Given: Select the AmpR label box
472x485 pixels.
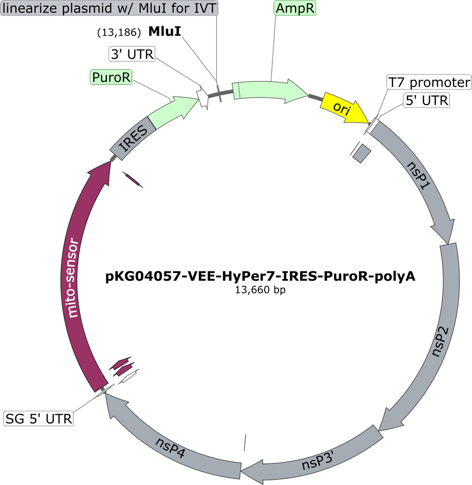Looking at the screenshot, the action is click(295, 8).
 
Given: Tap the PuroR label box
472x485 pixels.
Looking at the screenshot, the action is click(111, 77).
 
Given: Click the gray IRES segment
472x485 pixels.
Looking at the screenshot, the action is click(133, 139).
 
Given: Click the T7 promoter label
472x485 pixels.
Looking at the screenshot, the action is click(429, 82).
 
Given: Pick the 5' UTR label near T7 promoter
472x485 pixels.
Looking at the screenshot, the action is click(427, 100).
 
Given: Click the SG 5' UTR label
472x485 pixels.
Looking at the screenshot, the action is click(39, 419).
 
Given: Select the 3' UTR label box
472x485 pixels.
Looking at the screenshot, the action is click(132, 54).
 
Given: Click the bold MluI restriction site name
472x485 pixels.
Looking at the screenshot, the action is click(165, 31).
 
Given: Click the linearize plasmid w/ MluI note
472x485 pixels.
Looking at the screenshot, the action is click(109, 8).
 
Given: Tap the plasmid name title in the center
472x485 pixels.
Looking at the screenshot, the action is click(261, 276).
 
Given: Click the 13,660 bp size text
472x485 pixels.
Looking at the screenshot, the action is click(261, 290).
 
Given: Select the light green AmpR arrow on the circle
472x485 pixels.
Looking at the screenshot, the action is click(270, 90).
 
